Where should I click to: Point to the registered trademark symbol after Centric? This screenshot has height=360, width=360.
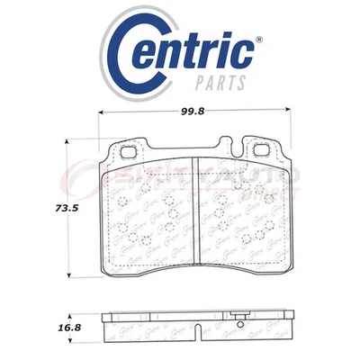[260, 40]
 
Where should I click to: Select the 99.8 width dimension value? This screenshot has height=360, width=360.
[196, 102]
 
